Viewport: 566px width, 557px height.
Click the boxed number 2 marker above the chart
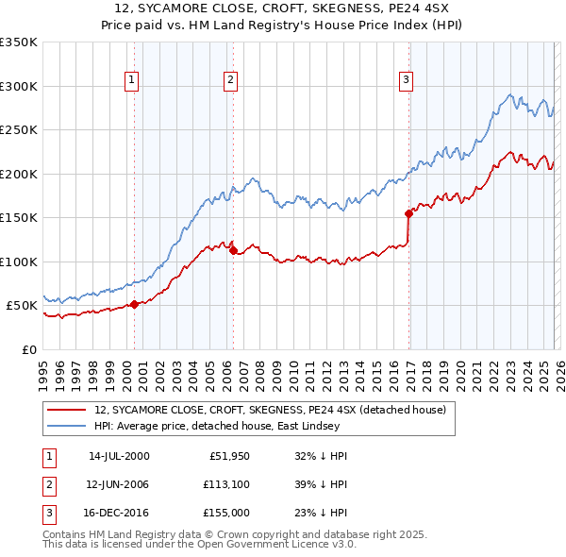[x=230, y=80]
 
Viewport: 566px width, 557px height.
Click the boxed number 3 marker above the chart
[x=406, y=80]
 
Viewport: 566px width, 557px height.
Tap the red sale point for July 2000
[x=134, y=304]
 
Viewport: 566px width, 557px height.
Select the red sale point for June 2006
[x=233, y=250]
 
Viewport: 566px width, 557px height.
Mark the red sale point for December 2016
[x=408, y=213]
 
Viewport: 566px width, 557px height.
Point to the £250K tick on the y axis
[x=19, y=130]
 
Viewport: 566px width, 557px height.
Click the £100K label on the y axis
[x=19, y=262]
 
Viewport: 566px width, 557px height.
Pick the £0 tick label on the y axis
[x=28, y=349]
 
